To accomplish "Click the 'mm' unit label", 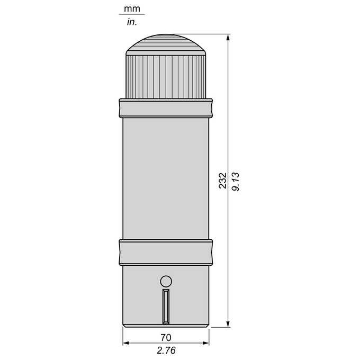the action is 132,8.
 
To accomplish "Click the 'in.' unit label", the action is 132,22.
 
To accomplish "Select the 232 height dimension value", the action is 222,181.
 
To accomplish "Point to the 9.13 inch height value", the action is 236,182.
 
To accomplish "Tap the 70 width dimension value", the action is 166,338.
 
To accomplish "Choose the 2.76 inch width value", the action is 166,350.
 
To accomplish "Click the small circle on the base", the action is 166,281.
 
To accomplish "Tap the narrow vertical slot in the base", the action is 166,307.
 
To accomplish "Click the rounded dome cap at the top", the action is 166,45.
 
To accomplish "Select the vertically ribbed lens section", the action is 166,77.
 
